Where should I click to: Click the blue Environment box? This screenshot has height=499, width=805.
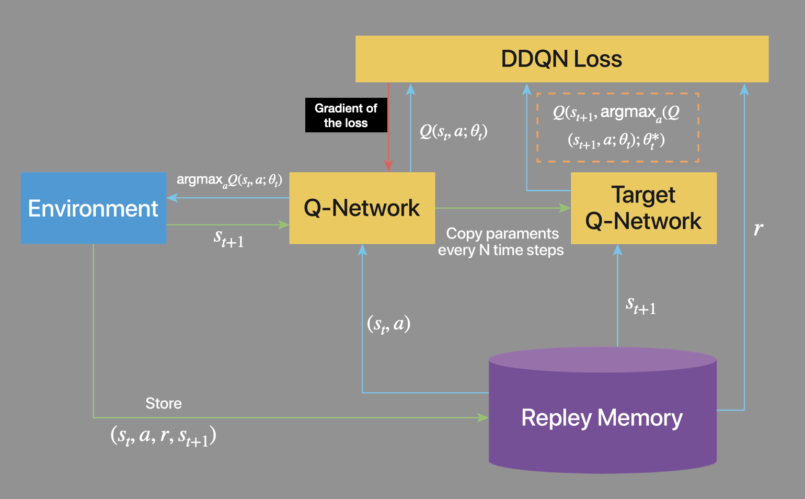click(x=93, y=208)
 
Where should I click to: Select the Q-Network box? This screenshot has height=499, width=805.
click(x=362, y=208)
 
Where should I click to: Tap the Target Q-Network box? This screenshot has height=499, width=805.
click(x=643, y=208)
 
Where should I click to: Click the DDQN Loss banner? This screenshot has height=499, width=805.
click(x=561, y=59)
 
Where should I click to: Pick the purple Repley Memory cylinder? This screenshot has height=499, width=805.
click(x=602, y=417)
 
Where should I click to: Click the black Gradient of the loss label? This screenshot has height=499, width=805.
click(x=346, y=115)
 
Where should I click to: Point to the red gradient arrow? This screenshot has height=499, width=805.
click(x=388, y=131)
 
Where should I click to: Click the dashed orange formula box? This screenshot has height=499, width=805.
click(x=617, y=127)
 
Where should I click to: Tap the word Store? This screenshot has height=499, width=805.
click(x=164, y=403)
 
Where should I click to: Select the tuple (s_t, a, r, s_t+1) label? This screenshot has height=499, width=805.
click(x=163, y=435)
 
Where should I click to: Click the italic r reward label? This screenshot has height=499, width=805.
click(x=758, y=228)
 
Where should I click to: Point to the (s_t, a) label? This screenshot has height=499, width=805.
click(x=388, y=324)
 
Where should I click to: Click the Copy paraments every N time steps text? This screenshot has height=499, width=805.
click(x=501, y=242)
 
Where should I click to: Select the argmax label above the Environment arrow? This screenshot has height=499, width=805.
click(x=229, y=180)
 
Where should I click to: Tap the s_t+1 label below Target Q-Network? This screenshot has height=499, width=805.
click(x=641, y=305)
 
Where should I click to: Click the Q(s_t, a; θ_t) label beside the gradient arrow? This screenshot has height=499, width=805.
click(x=453, y=131)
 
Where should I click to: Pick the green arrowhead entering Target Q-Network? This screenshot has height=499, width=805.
click(x=565, y=208)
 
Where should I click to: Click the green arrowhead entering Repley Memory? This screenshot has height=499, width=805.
click(x=482, y=417)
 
